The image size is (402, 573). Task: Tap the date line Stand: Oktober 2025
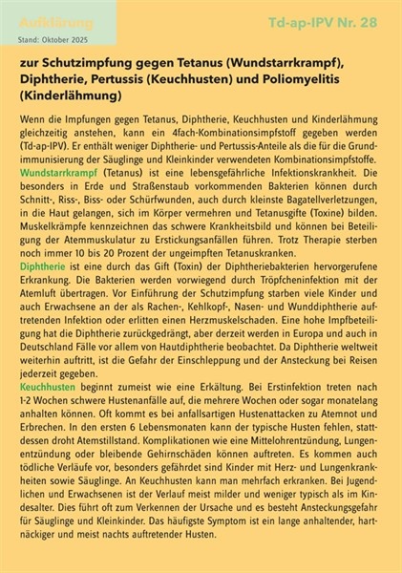click(58, 39)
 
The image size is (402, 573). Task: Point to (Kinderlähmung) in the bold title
click(67, 96)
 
